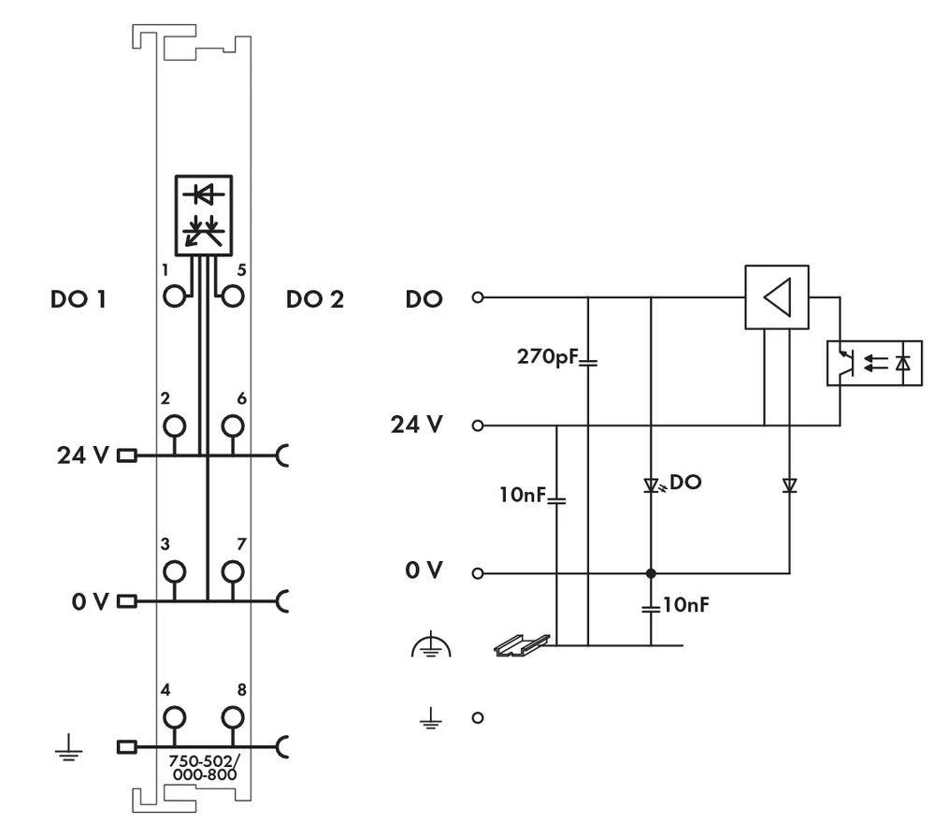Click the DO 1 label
pyautogui.click(x=79, y=300)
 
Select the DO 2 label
pyautogui.click(x=315, y=300)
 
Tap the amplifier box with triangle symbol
pyautogui.click(x=776, y=297)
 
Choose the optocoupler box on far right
pyautogui.click(x=874, y=363)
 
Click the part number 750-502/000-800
pyautogui.click(x=202, y=768)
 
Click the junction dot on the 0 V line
pyautogui.click(x=651, y=573)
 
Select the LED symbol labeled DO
pyautogui.click(x=651, y=485)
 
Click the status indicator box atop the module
pyautogui.click(x=204, y=214)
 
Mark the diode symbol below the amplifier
pyautogui.click(x=788, y=485)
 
